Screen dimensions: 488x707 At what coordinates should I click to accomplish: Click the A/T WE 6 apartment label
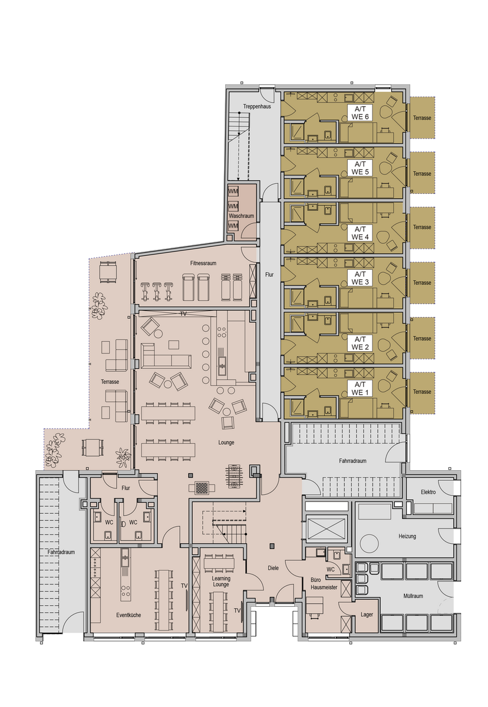pyautogui.click(x=360, y=113)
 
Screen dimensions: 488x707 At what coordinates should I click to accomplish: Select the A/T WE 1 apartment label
pyautogui.click(x=360, y=388)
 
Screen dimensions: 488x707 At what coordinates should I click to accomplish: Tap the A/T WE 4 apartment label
pyautogui.click(x=360, y=233)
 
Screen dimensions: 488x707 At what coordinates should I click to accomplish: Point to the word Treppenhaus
pyautogui.click(x=256, y=107)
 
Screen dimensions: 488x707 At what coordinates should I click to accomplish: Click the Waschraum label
pyautogui.click(x=241, y=216)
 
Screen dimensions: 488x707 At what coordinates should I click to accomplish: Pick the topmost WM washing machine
pyautogui.click(x=233, y=191)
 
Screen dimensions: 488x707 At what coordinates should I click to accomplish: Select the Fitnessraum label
pyautogui.click(x=203, y=263)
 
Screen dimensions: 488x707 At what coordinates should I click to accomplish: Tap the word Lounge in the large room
pyautogui.click(x=226, y=442)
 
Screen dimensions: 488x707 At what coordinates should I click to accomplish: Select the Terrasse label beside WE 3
pyautogui.click(x=422, y=283)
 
